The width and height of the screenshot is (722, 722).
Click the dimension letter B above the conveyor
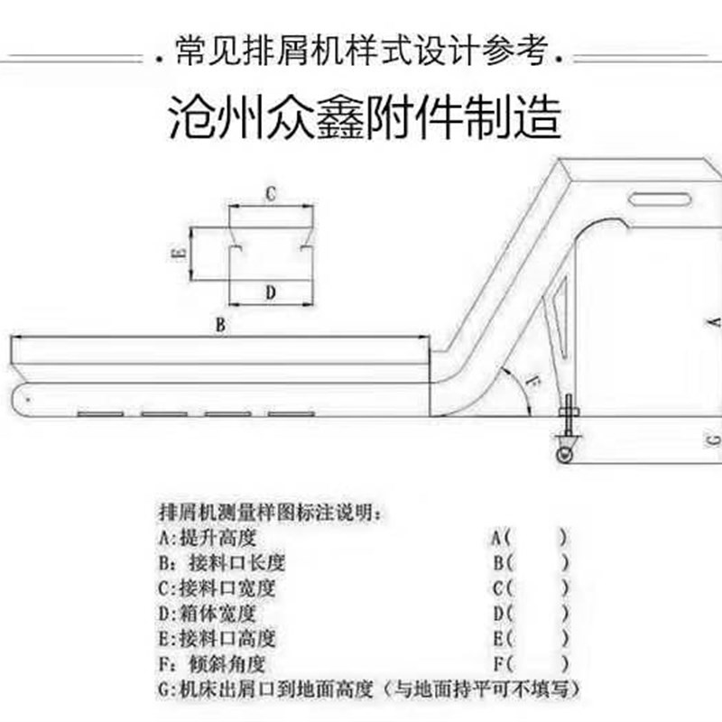(x=219, y=325)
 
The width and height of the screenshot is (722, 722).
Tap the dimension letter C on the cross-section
(x=269, y=193)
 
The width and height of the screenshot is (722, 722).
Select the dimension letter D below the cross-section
(x=269, y=291)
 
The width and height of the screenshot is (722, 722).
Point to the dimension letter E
(x=178, y=254)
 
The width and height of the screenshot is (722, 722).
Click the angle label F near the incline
(x=532, y=384)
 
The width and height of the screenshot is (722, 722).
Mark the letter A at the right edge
(x=713, y=321)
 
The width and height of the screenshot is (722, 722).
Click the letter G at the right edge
(x=713, y=440)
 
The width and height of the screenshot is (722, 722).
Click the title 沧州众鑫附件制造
(x=366, y=117)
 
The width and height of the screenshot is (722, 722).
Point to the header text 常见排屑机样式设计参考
(x=361, y=52)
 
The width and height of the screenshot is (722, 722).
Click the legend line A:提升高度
(x=207, y=539)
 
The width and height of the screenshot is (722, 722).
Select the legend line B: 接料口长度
(x=220, y=563)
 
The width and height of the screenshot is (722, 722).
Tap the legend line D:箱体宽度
(x=207, y=614)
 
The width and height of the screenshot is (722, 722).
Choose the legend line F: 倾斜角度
(x=211, y=664)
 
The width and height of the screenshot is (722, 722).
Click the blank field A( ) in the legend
(x=530, y=539)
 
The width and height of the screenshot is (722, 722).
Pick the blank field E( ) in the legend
(x=530, y=639)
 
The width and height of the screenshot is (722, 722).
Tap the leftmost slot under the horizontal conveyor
(x=99, y=413)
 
